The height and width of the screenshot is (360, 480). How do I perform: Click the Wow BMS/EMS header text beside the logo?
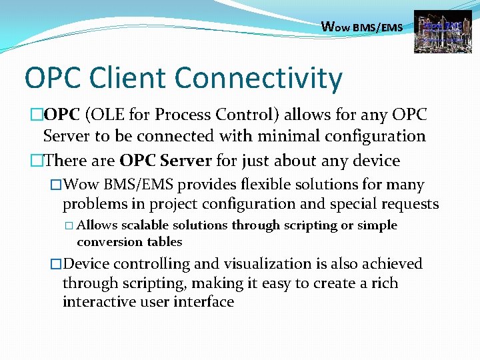[x=361, y=27]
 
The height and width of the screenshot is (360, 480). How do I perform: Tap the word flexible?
[x=273, y=185]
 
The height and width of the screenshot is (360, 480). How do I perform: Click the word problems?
[x=95, y=203]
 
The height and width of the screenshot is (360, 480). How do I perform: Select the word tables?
[x=163, y=241]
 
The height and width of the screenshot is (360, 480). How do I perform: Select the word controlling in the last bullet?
[x=145, y=264]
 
